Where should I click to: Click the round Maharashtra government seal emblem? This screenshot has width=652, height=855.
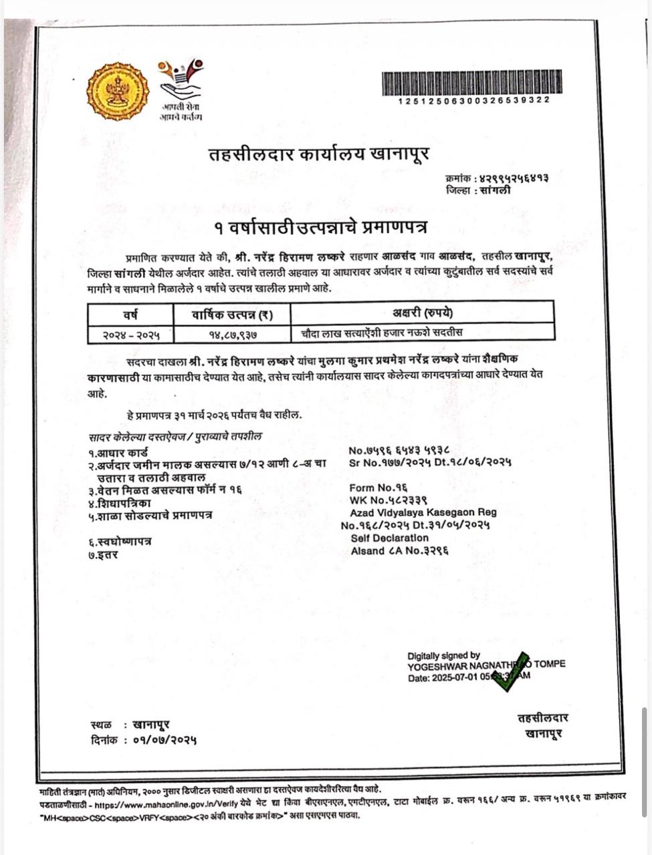click(118, 91)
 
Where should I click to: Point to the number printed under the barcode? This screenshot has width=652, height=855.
click(474, 100)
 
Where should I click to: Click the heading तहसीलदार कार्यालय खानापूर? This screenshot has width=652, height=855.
click(318, 154)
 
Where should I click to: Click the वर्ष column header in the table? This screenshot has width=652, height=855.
click(130, 313)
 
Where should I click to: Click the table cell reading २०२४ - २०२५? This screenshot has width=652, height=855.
click(130, 333)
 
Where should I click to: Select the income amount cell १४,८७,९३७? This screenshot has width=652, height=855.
click(232, 333)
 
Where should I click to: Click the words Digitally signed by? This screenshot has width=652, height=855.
click(443, 655)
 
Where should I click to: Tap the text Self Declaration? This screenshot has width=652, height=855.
click(389, 538)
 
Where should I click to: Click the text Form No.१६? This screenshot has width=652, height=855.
click(378, 488)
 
